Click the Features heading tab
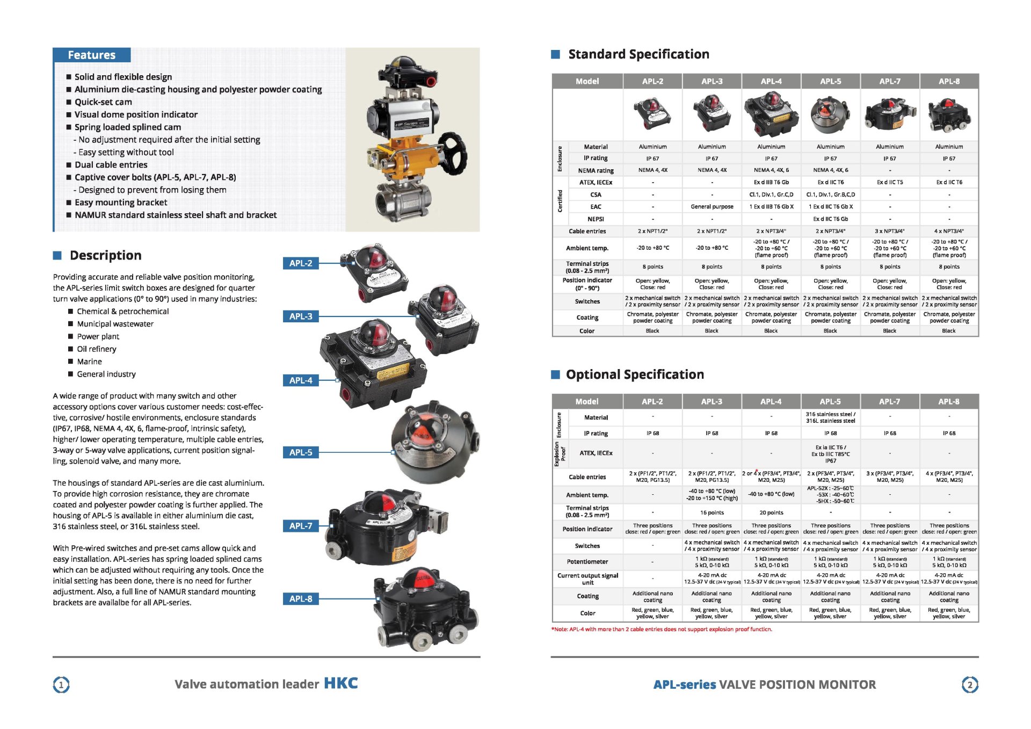point(91,55)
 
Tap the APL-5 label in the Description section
point(300,452)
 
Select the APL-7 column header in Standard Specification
point(889,81)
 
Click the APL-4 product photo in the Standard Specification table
point(771,113)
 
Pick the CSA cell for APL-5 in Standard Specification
point(830,194)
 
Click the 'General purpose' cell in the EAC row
point(711,207)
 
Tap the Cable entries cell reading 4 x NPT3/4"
point(949,231)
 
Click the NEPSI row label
point(596,219)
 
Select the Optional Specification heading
point(635,374)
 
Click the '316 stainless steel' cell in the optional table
point(830,417)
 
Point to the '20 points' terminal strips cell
point(771,513)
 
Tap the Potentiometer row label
point(587,561)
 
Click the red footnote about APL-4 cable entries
point(662,629)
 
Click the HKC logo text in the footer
point(340,683)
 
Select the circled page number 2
point(969,685)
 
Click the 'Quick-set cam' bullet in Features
point(103,102)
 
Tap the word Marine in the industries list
point(89,362)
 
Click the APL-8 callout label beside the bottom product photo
point(300,598)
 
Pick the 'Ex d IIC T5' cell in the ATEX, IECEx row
point(889,182)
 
